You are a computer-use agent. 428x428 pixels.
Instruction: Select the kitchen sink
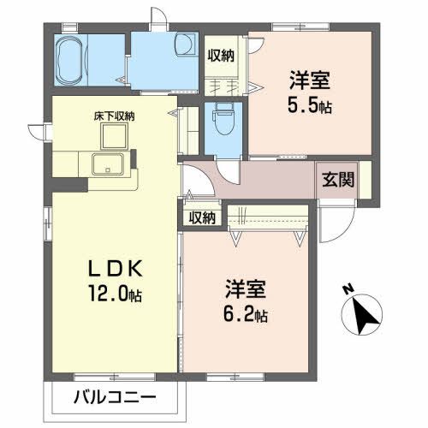click(x=110, y=165)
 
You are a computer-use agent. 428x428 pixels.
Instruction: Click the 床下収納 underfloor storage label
click(x=114, y=116)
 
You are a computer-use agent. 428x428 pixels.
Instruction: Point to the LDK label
click(x=112, y=269)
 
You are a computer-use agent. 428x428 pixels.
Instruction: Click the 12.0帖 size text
click(x=113, y=294)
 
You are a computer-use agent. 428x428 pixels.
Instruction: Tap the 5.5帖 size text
click(x=310, y=108)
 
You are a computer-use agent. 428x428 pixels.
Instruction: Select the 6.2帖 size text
click(x=246, y=314)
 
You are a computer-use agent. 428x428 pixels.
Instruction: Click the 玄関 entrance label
click(x=336, y=181)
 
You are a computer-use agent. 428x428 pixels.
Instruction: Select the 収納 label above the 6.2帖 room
click(x=204, y=217)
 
